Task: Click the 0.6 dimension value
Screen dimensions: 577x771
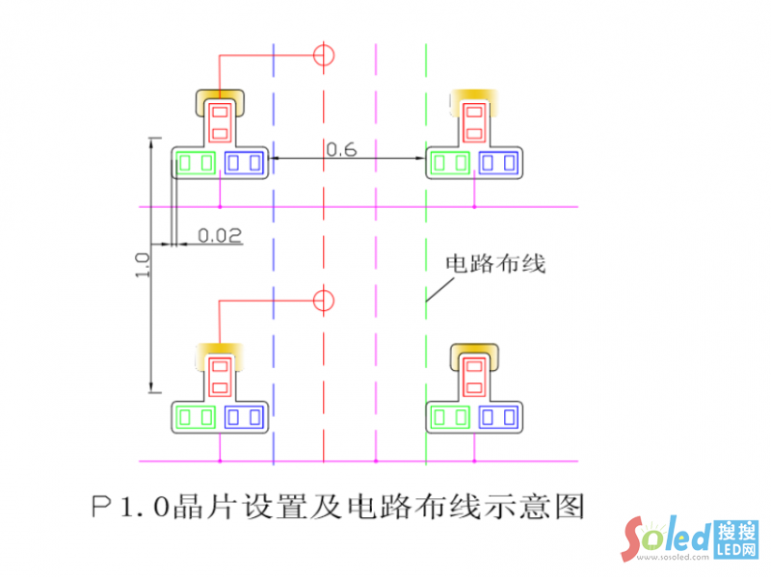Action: point(340,148)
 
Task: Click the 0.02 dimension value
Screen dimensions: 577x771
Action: point(219,234)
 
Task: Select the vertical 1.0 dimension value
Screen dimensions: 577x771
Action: point(142,265)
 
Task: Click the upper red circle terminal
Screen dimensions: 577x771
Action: point(325,54)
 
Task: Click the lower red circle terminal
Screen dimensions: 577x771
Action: point(325,301)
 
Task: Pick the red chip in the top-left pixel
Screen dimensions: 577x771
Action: point(221,121)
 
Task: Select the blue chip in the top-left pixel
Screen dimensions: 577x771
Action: point(245,163)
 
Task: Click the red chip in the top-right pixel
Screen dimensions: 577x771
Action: point(474,121)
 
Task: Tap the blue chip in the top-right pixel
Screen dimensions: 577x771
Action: point(499,163)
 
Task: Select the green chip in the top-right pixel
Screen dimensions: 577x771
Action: point(450,163)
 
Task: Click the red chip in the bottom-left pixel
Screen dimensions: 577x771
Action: point(221,376)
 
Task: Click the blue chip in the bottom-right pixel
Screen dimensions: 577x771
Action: point(499,417)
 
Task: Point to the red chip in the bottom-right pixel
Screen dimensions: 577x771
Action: point(474,376)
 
